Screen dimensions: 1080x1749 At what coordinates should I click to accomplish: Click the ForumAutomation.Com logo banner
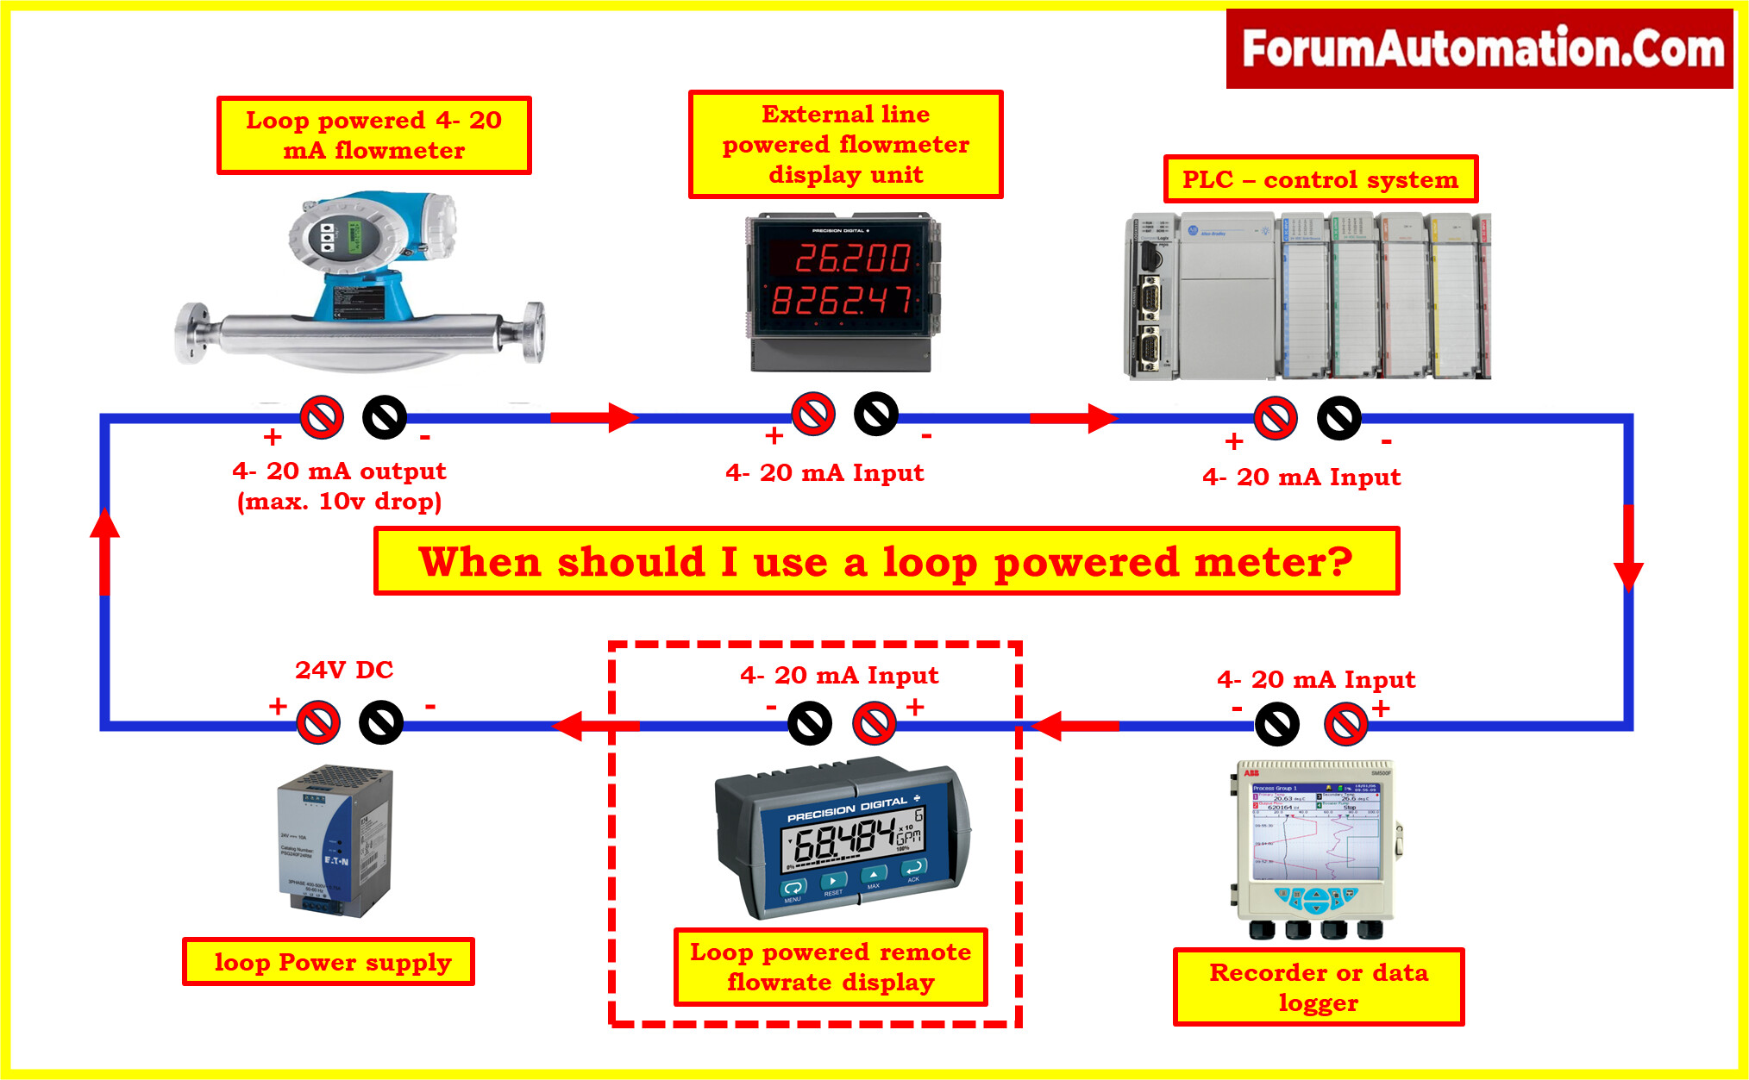[1479, 48]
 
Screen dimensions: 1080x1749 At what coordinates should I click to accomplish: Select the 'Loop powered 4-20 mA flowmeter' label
[373, 135]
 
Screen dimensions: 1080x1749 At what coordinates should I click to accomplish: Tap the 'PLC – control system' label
[1320, 179]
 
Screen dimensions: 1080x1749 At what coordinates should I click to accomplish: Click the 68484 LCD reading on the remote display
[843, 840]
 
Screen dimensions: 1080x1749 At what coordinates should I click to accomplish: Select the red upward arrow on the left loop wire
[105, 552]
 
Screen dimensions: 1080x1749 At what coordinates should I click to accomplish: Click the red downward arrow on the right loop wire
[1628, 548]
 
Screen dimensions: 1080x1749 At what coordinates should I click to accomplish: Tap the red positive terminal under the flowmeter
[322, 417]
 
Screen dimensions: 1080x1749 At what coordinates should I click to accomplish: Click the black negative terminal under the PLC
[1338, 419]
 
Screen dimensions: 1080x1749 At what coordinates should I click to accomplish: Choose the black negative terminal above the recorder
[1276, 724]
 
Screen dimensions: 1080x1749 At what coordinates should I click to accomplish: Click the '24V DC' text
[344, 670]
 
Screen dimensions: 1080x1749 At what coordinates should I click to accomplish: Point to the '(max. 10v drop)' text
[339, 501]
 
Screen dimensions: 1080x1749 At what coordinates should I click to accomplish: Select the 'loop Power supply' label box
[329, 962]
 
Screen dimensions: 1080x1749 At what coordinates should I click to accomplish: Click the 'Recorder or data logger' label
[1319, 987]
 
